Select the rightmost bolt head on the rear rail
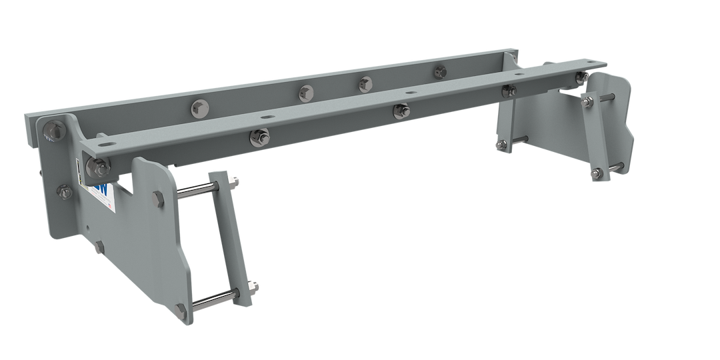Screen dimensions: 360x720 coord(439,71)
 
